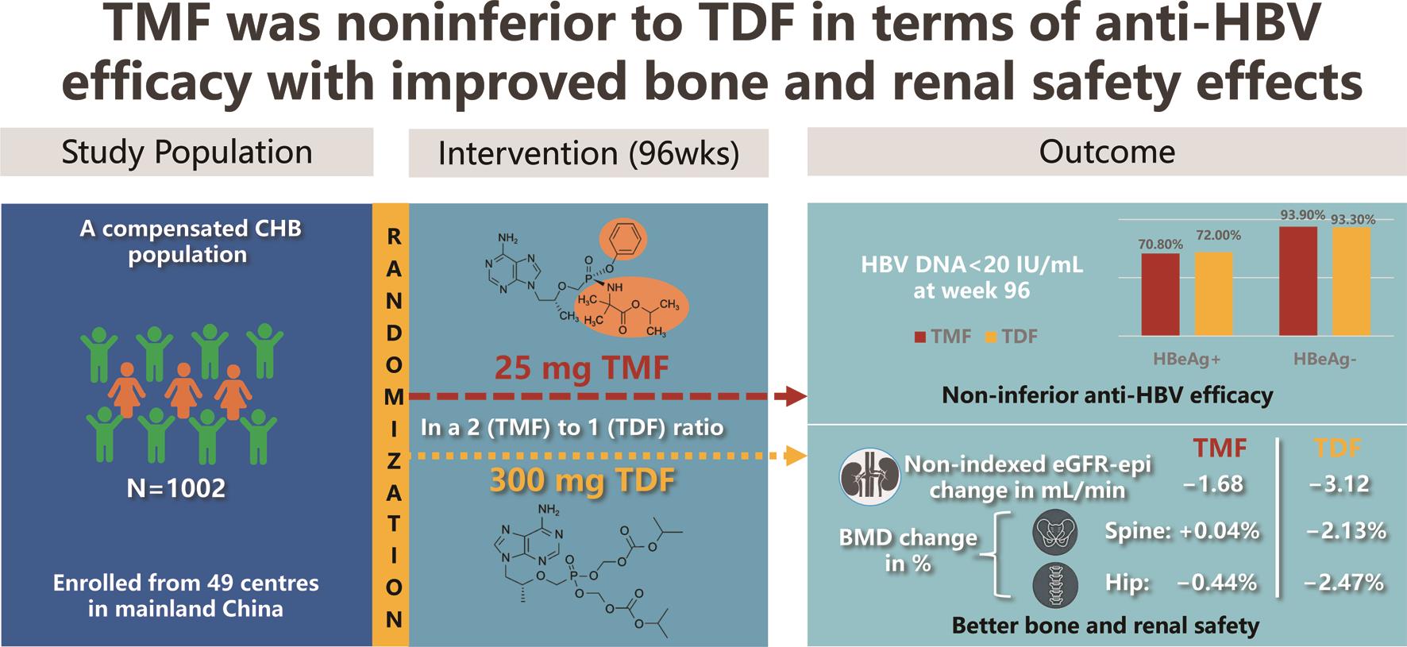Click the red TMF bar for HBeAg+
1160,295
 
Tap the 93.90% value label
1303,215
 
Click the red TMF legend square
920,337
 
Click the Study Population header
187,152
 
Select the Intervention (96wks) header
588,153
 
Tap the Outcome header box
1107,152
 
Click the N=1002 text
176,487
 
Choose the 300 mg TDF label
582,480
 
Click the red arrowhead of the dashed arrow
796,395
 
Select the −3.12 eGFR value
1342,483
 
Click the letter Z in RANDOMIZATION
394,460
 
